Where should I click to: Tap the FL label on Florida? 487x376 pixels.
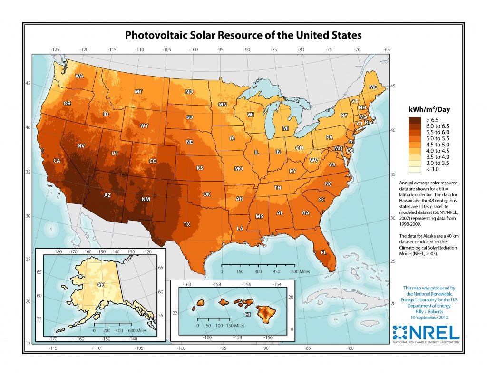click(323, 252)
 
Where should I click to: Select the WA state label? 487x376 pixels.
click(79, 76)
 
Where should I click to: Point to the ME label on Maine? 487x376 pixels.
click(373, 87)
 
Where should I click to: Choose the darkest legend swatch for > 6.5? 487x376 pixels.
click(414, 120)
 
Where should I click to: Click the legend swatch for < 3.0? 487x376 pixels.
click(414, 169)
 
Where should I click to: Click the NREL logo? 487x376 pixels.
click(426, 333)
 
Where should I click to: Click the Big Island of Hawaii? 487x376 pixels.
click(265, 312)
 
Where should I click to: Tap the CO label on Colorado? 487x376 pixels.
click(153, 161)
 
